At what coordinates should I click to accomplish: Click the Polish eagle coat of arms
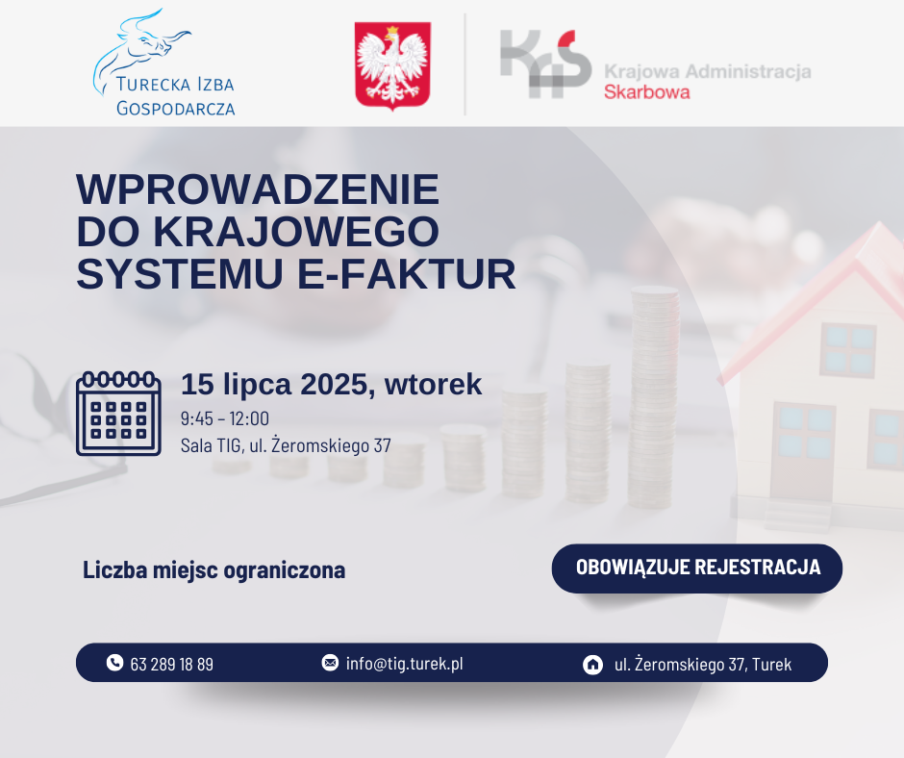pos(392,65)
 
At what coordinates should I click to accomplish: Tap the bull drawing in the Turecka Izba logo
pos(140,49)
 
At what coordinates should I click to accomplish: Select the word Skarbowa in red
pos(647,92)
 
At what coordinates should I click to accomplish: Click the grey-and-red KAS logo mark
pos(545,63)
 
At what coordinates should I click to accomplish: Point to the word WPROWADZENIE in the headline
pos(258,189)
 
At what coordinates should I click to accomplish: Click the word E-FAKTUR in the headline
pos(407,274)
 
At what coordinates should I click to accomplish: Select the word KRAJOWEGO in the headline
pos(296,231)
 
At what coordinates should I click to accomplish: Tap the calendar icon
pos(118,414)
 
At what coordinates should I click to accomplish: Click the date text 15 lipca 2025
pos(274,385)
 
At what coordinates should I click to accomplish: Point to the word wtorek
pos(433,385)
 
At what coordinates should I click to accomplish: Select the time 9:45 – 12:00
pos(225,418)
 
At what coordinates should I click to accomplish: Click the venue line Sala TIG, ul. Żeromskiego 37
pos(286,445)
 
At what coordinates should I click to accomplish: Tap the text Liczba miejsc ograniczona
pos(213,569)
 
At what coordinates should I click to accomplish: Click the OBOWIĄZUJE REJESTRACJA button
pos(697,568)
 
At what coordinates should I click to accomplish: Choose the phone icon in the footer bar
pos(114,662)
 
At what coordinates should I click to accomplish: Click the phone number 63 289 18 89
pos(172,665)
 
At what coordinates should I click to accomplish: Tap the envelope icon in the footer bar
pos(330,662)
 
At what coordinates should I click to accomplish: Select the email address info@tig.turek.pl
pos(405,664)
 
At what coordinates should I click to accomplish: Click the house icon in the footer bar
pos(592,665)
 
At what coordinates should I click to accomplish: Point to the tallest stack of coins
pos(654,397)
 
